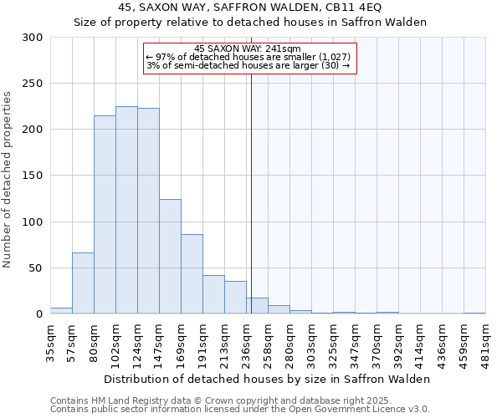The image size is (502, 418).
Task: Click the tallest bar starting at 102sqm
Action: click(126, 210)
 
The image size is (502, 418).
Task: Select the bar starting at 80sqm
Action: click(105, 215)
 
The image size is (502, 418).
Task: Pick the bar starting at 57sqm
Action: click(83, 283)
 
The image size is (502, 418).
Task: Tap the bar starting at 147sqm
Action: click(170, 257)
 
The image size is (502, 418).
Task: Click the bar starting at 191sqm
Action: click(213, 294)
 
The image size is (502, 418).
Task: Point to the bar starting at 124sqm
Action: click(148, 211)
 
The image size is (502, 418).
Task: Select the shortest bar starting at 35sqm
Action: click(61, 311)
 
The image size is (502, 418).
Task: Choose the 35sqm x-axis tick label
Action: click(50, 342)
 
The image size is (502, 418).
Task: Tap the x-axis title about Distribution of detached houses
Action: click(268, 379)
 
